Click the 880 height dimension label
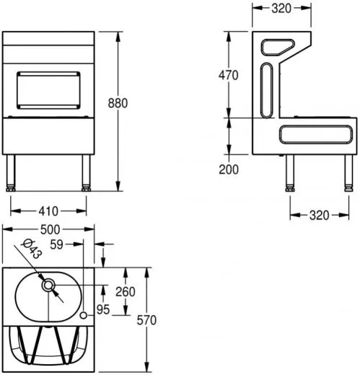tap(118, 103)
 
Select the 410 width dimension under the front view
tap(48, 211)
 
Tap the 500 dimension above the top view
tap(48, 229)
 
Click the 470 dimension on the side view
tap(229, 75)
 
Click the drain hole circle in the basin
tap(49, 286)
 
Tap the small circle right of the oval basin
tap(84, 316)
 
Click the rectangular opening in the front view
tap(48, 90)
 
